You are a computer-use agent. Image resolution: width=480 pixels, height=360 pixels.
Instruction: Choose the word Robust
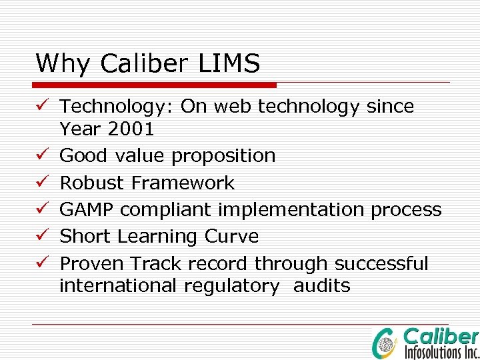[x=93, y=183]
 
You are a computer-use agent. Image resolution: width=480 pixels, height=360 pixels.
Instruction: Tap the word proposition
[x=223, y=156]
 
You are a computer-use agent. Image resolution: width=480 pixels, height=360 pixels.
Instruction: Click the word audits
[x=322, y=286]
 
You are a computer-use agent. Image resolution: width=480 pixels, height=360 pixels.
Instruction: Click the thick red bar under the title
[x=155, y=85]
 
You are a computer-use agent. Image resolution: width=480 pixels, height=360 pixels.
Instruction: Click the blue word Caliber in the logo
[x=441, y=336]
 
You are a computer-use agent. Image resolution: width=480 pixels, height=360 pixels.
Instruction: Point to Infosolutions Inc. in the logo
[x=441, y=351]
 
